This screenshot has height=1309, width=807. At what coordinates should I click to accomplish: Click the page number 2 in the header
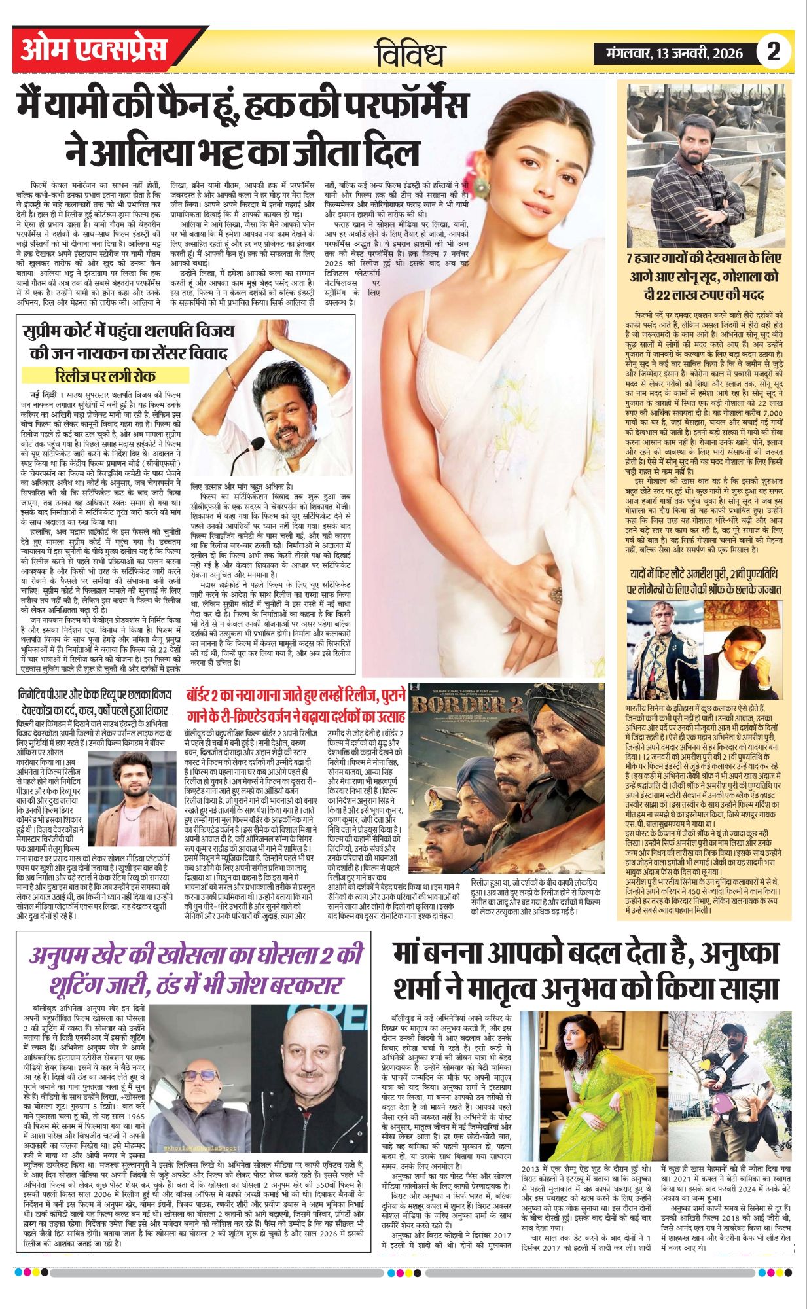(x=774, y=51)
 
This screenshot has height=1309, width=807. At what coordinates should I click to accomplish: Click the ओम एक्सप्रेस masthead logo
(x=94, y=50)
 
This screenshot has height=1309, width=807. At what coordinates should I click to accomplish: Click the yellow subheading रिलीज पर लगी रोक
(x=105, y=376)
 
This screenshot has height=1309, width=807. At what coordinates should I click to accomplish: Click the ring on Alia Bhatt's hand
(x=555, y=594)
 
